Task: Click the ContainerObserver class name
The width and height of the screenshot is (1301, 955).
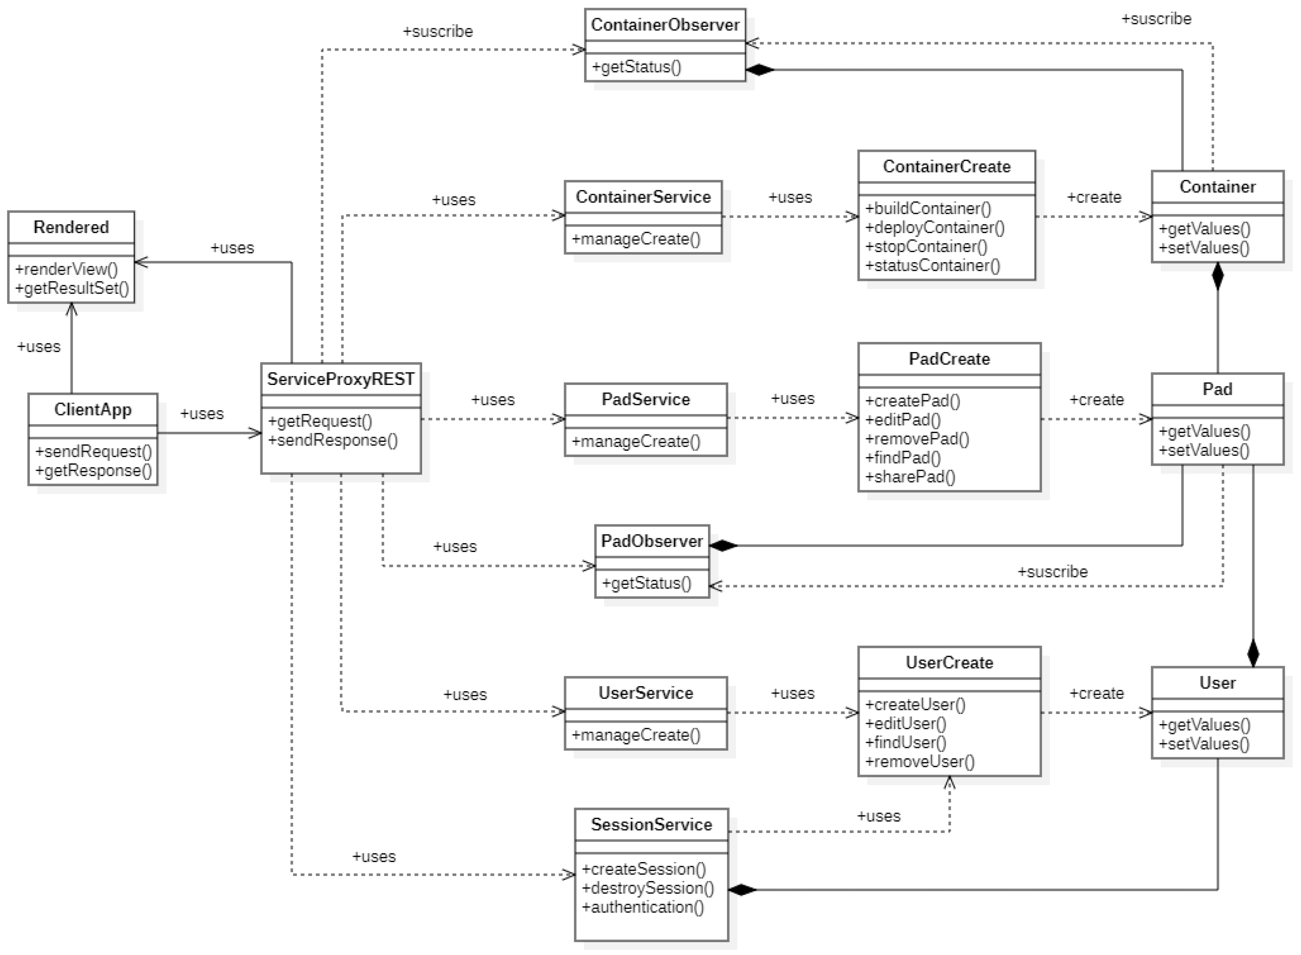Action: coord(664,25)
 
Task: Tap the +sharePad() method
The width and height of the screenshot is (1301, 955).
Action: coord(910,477)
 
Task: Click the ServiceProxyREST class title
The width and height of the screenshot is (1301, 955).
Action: coord(340,379)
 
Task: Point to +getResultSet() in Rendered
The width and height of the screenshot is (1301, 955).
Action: coord(72,288)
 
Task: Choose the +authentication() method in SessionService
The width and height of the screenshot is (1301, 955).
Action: coord(643,907)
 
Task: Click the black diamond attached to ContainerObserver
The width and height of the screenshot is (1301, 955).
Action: coord(759,70)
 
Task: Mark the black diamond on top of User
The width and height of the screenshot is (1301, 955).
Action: coord(1253,654)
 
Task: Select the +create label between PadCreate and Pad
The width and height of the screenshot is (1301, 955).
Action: coord(1096,399)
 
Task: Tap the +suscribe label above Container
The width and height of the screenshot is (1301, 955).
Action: coord(1156,19)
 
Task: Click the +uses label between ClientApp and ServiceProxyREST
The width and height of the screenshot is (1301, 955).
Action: coord(202,413)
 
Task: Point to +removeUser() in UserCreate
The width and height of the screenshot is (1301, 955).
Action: coord(919,761)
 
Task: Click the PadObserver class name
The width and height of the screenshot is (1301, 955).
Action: coord(651,541)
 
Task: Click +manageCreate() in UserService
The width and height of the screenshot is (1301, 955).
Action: coord(636,735)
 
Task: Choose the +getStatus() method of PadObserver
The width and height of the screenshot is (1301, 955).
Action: coord(646,583)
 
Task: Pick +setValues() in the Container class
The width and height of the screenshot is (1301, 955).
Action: coord(1204,248)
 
